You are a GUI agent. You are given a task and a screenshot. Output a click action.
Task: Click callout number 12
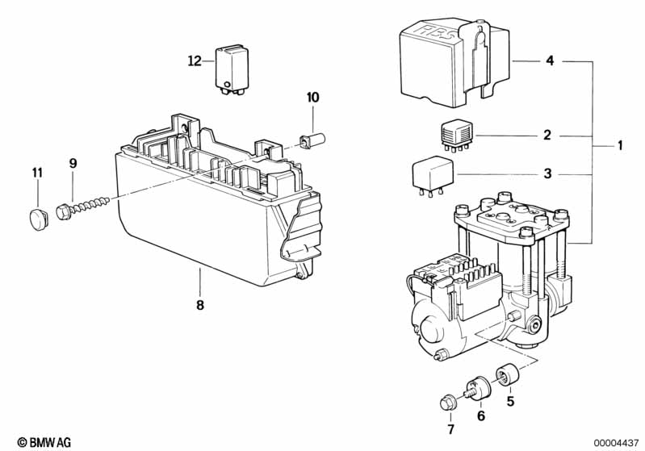point(195,61)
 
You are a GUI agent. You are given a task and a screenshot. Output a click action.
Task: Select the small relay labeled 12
point(232,69)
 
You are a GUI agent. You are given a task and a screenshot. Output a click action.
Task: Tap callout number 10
point(312,98)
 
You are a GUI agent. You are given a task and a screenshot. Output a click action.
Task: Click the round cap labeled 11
point(38,219)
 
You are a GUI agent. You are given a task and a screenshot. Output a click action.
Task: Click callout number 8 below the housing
point(200,305)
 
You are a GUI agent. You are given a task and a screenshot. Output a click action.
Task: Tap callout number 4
point(550,61)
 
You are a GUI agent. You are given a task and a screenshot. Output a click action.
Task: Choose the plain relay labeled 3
point(433,177)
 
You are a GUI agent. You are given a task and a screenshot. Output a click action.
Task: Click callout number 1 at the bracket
point(620,145)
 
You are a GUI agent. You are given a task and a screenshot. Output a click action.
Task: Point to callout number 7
point(450,428)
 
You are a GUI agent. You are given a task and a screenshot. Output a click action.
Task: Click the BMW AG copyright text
point(44,442)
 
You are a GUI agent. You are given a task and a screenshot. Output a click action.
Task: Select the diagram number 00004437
point(616,443)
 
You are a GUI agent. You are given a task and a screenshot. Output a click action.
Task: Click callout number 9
point(73,163)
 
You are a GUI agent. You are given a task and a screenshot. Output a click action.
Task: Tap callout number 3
point(547,173)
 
